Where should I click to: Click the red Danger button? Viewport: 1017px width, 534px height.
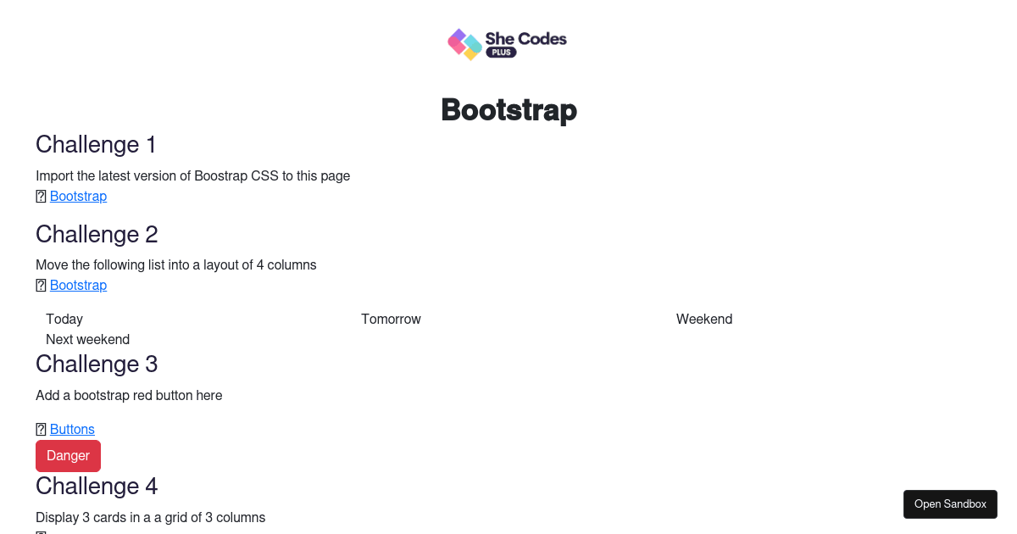(x=68, y=455)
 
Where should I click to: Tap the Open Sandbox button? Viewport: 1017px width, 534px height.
(x=950, y=504)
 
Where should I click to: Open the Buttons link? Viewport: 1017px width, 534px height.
(x=72, y=429)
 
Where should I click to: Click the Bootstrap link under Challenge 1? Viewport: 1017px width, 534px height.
(x=78, y=196)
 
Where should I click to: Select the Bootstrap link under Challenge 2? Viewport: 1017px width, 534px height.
(x=78, y=285)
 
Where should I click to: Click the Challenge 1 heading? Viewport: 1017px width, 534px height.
(x=96, y=144)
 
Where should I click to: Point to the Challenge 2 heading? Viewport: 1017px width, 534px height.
(x=97, y=234)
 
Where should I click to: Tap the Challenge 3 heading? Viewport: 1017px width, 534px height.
(x=97, y=364)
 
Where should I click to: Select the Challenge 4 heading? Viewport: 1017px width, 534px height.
(x=97, y=487)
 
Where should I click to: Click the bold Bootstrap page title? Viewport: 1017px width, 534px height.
(x=509, y=110)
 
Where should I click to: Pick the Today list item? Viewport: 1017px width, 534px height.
(x=64, y=320)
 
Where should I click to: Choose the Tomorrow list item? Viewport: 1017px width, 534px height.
(x=391, y=320)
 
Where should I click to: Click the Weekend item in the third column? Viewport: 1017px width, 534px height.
(x=704, y=320)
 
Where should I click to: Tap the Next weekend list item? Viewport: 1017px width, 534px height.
(x=87, y=340)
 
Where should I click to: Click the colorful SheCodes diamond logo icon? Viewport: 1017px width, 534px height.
(x=464, y=44)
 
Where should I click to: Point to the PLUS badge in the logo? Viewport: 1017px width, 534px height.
(x=501, y=53)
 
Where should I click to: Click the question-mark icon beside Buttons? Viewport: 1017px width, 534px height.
(x=41, y=429)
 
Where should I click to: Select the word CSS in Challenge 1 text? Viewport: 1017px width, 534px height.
(x=264, y=175)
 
